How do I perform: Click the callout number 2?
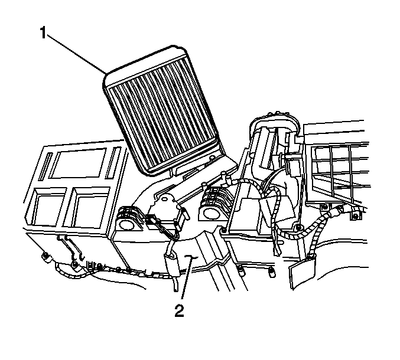pos(180,311)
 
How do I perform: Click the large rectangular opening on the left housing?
pos(78,163)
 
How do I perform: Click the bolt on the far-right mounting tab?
pos(355,217)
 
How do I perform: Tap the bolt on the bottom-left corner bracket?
pos(46,256)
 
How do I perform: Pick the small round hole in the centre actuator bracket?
pos(165,198)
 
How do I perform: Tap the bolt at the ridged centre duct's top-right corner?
pos(224,230)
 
